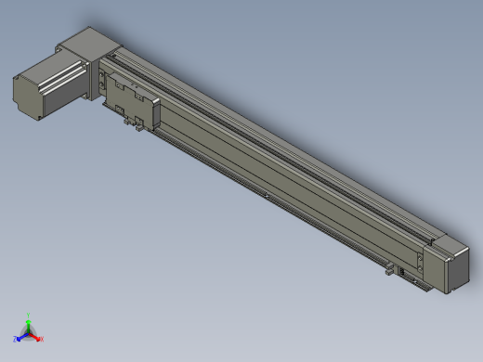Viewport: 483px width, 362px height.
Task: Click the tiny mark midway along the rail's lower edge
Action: pyautogui.click(x=265, y=195)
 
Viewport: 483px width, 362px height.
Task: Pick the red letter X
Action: pyautogui.click(x=41, y=338)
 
